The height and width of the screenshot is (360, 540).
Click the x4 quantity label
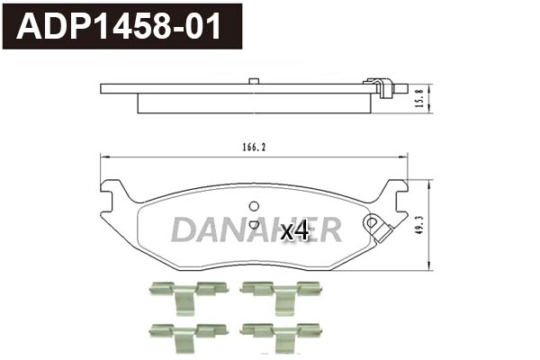294,231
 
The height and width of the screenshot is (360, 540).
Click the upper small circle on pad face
254,205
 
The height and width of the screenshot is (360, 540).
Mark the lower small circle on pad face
254,225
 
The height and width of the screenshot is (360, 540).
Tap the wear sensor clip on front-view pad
375,225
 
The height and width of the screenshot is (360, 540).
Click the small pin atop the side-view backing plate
255,83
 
